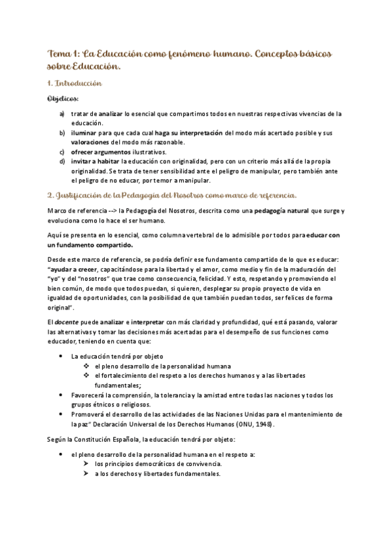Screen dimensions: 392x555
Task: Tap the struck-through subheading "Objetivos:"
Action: (x=63, y=99)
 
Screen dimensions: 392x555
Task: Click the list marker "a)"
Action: (x=62, y=114)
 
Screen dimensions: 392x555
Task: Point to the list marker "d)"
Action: (x=62, y=161)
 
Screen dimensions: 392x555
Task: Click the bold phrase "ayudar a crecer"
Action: (x=74, y=269)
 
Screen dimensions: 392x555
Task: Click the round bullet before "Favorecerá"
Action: (x=62, y=395)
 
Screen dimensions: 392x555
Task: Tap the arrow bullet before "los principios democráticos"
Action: (x=87, y=463)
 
